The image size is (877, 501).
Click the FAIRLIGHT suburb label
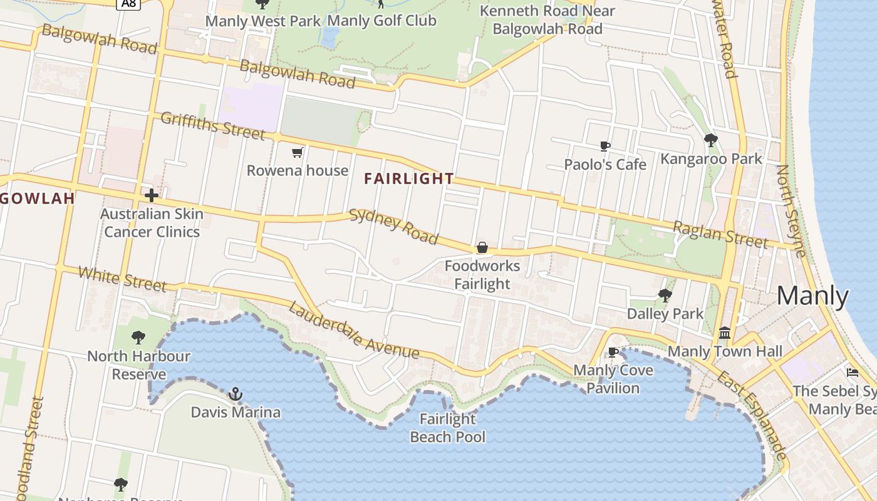click(409, 178)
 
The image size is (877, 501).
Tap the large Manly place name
click(812, 296)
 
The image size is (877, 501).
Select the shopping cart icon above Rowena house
click(298, 152)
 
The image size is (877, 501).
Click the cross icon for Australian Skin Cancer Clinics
click(151, 195)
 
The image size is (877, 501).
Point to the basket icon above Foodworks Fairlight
click(482, 248)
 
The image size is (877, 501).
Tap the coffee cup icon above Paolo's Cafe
click(605, 147)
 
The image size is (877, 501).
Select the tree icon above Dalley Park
click(665, 295)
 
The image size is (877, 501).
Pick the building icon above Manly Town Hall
click(725, 333)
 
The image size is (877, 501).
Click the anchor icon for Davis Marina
click(236, 394)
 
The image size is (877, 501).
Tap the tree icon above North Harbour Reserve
click(138, 338)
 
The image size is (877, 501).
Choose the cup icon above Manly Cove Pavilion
click(613, 353)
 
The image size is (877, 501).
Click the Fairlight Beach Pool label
click(447, 428)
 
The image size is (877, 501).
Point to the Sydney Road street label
click(393, 226)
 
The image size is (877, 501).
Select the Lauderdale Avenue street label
click(353, 331)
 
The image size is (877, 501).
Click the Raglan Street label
click(720, 234)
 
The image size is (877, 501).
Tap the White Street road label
click(123, 279)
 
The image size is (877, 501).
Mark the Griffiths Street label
click(212, 126)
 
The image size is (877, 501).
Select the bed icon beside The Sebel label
click(852, 373)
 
